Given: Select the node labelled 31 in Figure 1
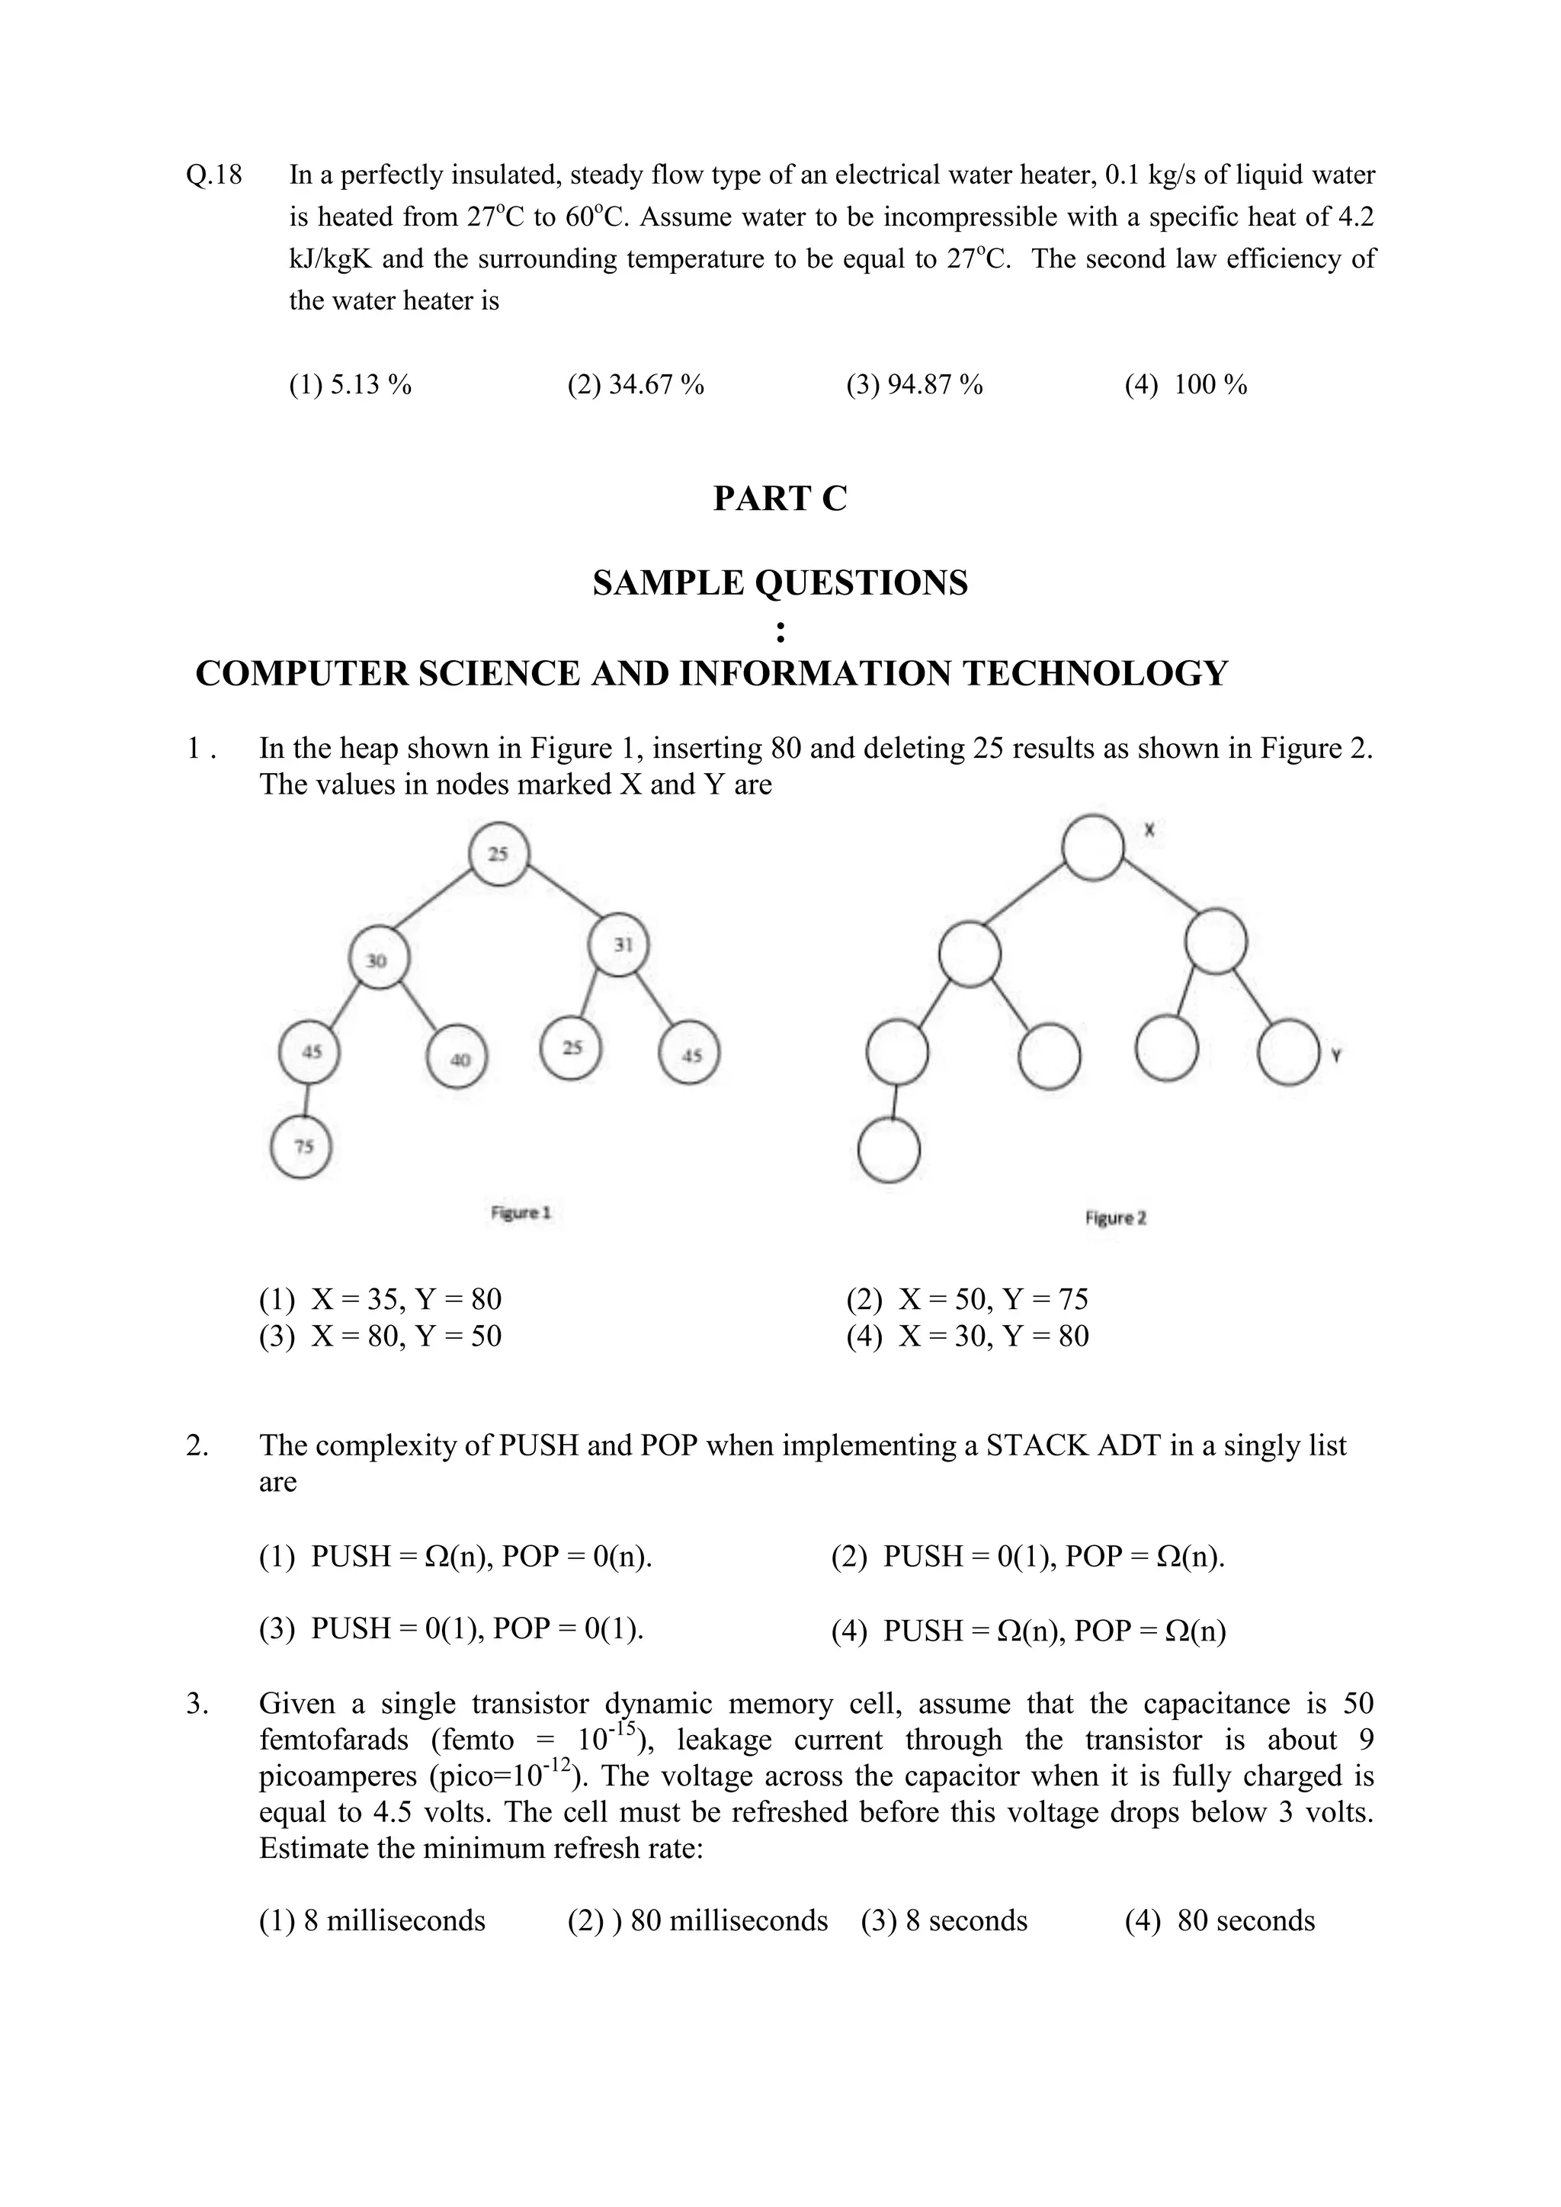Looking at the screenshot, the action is [x=618, y=945].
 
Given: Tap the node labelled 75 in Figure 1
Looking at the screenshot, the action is [x=302, y=1147].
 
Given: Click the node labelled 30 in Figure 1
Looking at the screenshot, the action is [x=379, y=959].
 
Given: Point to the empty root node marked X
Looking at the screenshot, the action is [x=1093, y=848].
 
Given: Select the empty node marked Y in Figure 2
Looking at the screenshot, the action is [x=1288, y=1054].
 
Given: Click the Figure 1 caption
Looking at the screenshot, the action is [x=520, y=1213].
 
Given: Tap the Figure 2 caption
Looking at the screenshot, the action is [x=1115, y=1218].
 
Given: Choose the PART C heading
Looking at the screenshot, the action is [x=780, y=499].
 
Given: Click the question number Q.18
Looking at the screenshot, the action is [x=213, y=175].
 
